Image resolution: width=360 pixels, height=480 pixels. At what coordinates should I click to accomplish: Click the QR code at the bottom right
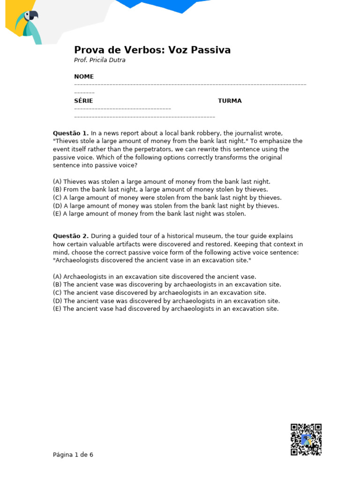click(x=306, y=439)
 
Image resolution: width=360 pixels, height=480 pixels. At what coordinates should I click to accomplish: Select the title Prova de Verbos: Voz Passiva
click(x=152, y=50)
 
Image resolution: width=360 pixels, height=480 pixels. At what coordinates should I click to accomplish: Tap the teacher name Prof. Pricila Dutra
click(x=100, y=60)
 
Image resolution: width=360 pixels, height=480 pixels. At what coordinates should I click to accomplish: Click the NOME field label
click(x=84, y=76)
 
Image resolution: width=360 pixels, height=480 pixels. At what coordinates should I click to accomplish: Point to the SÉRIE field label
click(x=83, y=101)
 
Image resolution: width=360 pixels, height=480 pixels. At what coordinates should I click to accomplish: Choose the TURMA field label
click(x=230, y=101)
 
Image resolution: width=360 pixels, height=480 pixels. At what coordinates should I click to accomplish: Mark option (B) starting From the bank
click(x=160, y=189)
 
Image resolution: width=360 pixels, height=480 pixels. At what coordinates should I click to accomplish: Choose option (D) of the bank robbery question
click(x=166, y=206)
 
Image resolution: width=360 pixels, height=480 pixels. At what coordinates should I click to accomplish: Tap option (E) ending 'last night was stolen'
click(x=149, y=214)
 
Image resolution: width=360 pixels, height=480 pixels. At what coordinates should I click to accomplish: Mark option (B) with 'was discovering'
click(x=167, y=285)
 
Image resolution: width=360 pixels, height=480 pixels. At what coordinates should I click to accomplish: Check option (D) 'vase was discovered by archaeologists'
click(x=166, y=301)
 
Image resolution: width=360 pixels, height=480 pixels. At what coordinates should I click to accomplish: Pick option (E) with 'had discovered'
click(x=165, y=309)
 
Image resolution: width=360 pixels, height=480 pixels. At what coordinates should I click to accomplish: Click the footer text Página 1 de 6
click(x=73, y=455)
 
